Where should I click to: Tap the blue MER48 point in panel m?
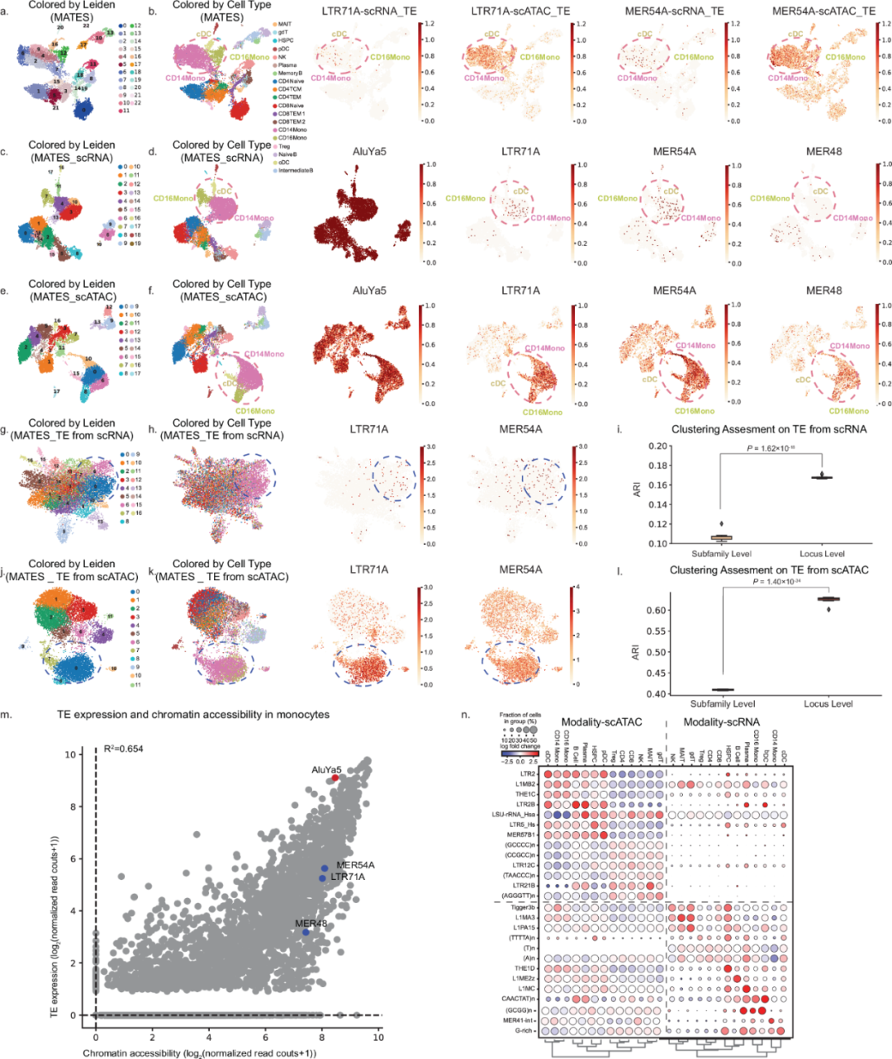[x=306, y=932]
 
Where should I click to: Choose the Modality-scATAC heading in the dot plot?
[x=601, y=721]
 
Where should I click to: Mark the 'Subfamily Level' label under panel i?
[x=722, y=554]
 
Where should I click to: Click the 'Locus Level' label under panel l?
[x=828, y=704]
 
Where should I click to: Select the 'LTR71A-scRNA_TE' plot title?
[x=369, y=12]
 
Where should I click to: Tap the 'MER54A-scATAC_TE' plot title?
[x=823, y=12]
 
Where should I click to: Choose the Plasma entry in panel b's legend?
[x=287, y=65]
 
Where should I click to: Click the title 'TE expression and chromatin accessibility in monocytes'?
[x=193, y=715]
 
